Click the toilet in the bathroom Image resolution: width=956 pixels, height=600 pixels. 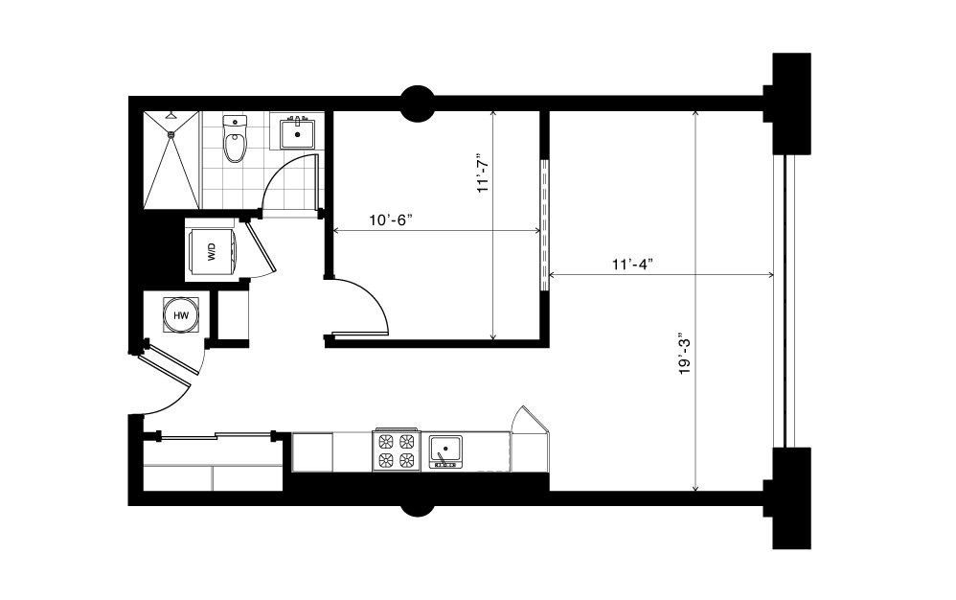tap(235, 139)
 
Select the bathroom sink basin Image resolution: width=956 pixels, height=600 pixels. tap(298, 133)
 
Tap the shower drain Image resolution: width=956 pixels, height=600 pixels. tap(171, 134)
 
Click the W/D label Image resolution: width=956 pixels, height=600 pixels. tap(212, 252)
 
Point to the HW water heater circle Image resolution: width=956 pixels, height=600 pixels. tap(181, 315)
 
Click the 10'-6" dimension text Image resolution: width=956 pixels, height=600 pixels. tap(391, 220)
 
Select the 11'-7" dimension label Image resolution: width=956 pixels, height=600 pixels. tap(484, 172)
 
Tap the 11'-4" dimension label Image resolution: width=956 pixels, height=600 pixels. tap(633, 264)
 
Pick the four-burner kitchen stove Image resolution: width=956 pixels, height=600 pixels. tap(396, 450)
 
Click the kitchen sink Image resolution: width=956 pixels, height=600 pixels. tap(445, 451)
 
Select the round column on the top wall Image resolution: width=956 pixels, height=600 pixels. tap(417, 104)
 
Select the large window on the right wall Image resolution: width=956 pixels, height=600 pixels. tap(785, 301)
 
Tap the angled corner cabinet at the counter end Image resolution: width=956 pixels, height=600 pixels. tap(529, 440)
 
